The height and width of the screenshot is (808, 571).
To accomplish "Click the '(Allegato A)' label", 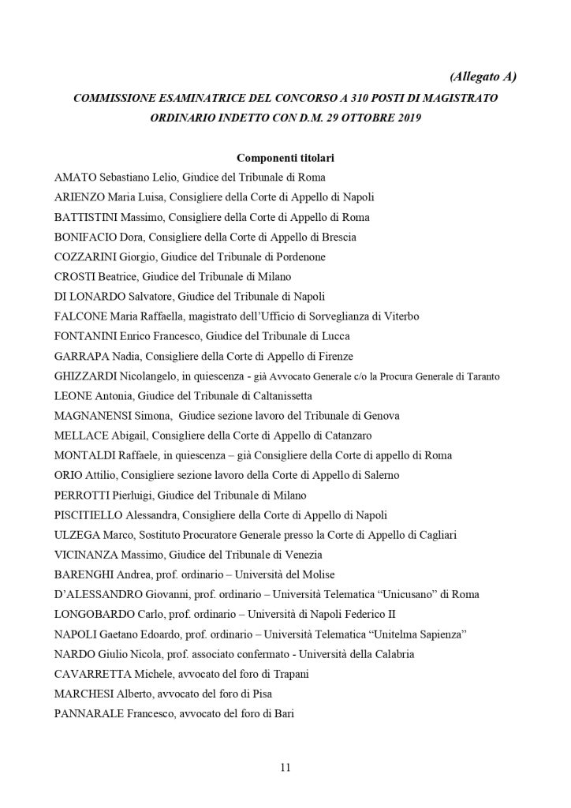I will point(482,77).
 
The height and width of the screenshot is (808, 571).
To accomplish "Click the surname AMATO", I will point(75,177).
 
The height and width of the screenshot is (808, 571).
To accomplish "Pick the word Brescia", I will point(338,237).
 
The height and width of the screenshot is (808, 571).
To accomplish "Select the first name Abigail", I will point(129,436).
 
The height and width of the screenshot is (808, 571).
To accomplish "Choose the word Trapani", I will point(289,674).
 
